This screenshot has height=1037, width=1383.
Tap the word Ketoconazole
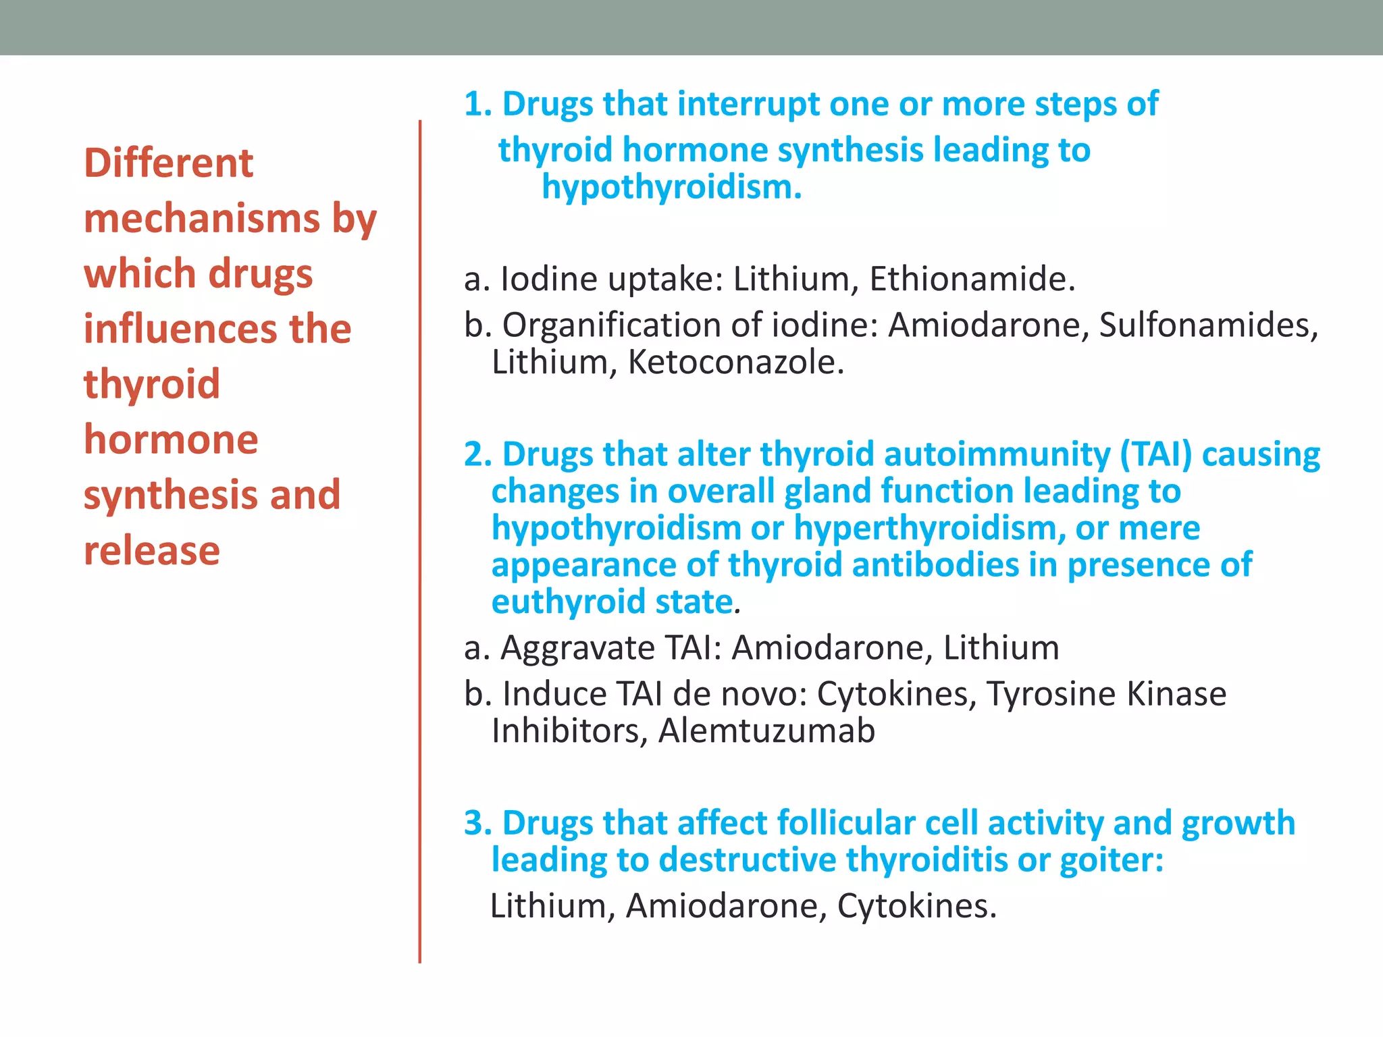point(736,362)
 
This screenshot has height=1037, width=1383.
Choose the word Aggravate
point(577,648)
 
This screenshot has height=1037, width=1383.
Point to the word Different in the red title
point(168,163)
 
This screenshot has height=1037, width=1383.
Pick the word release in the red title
point(152,550)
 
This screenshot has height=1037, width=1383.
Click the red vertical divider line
point(420,540)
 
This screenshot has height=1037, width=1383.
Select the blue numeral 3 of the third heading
point(474,823)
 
